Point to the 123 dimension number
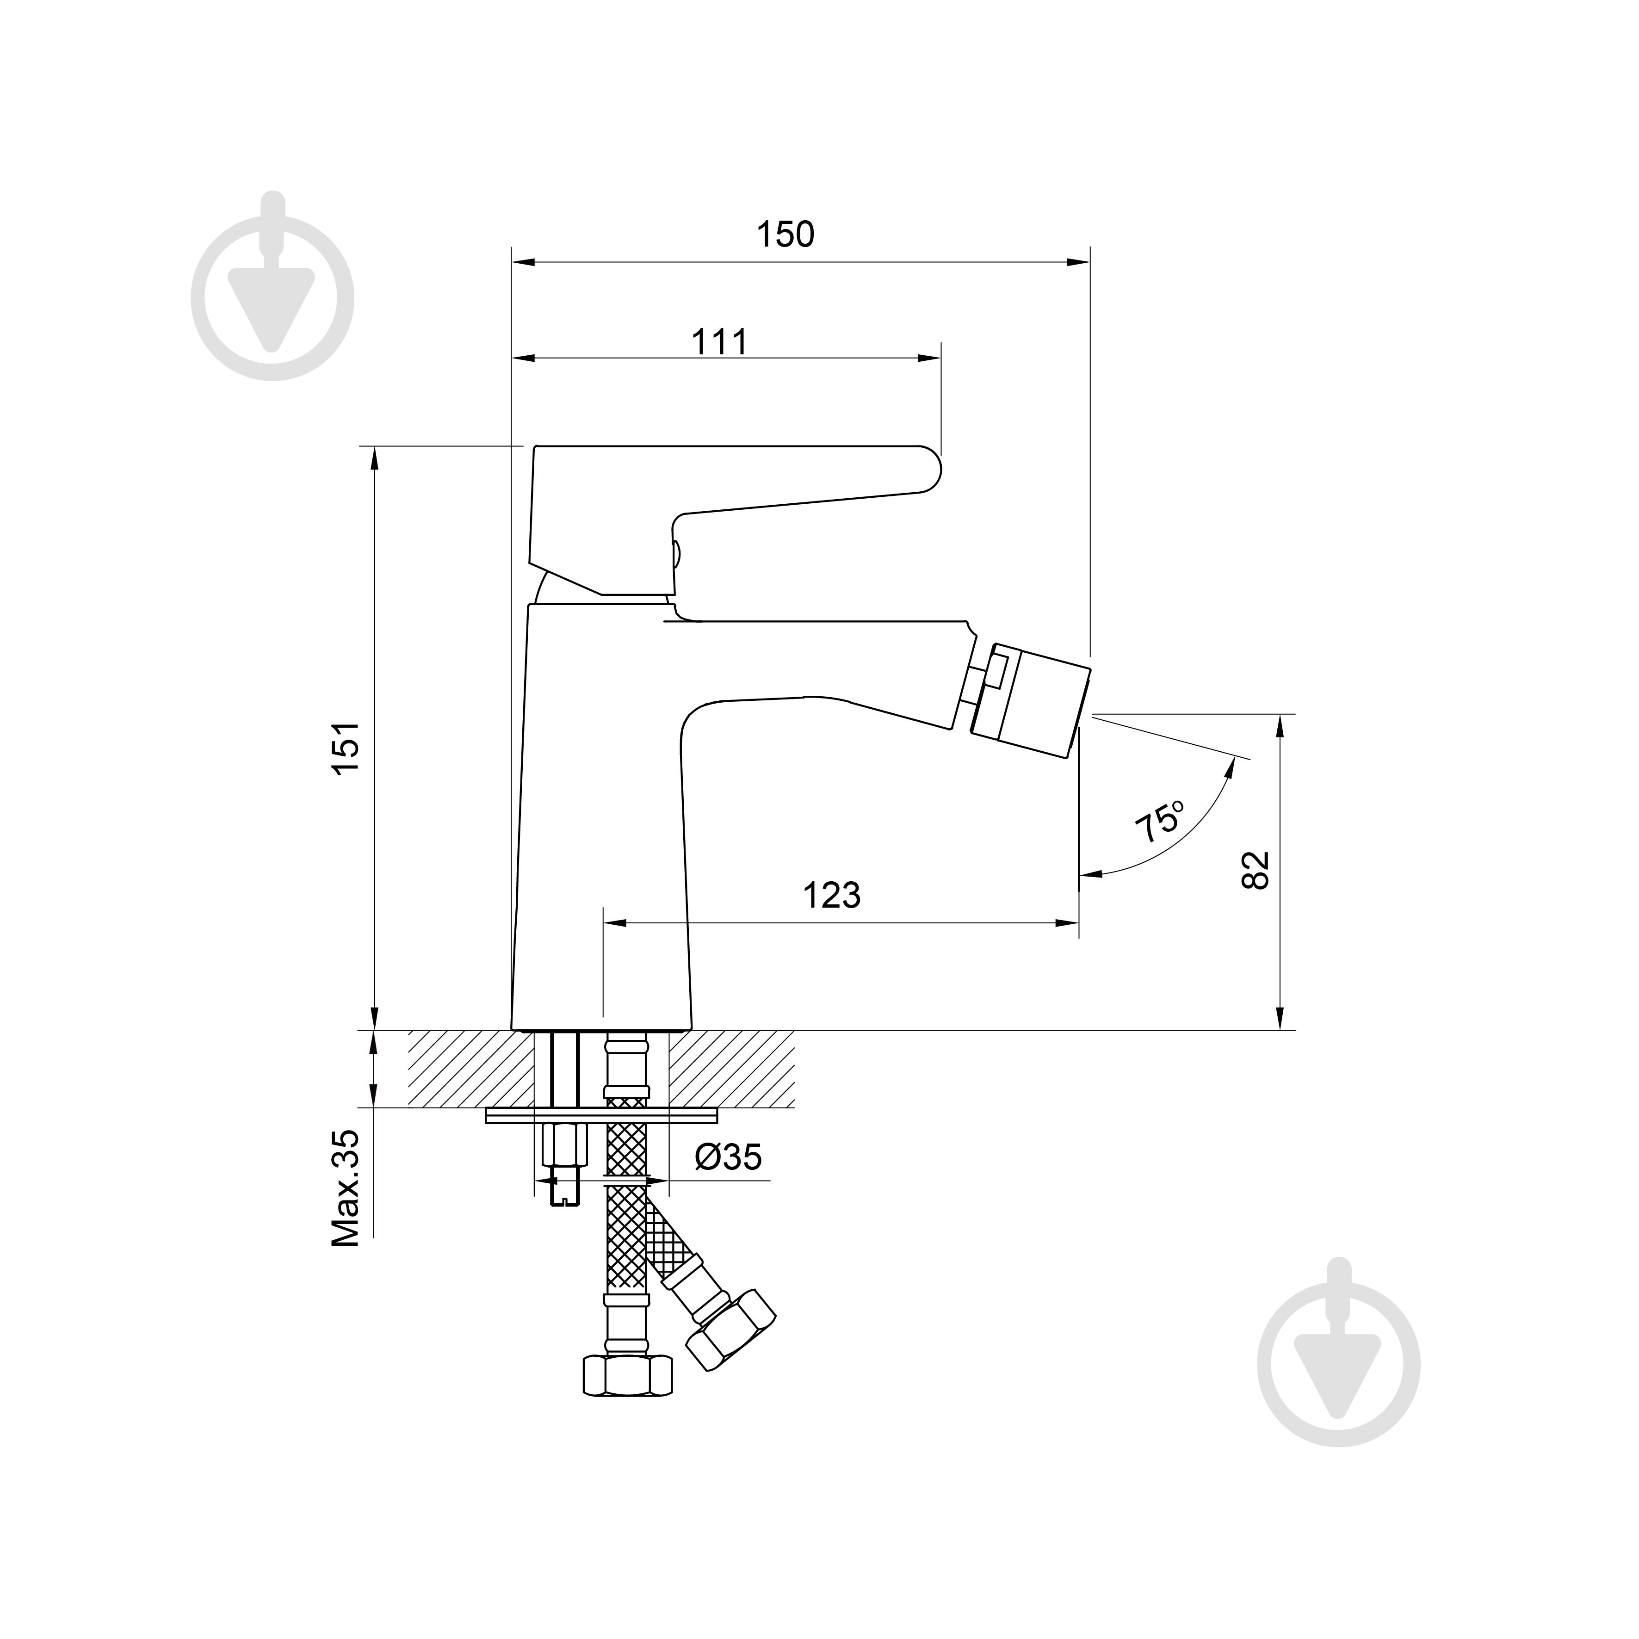pyautogui.click(x=831, y=895)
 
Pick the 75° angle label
pyautogui.click(x=1161, y=820)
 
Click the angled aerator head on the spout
pyautogui.click(x=1029, y=701)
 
